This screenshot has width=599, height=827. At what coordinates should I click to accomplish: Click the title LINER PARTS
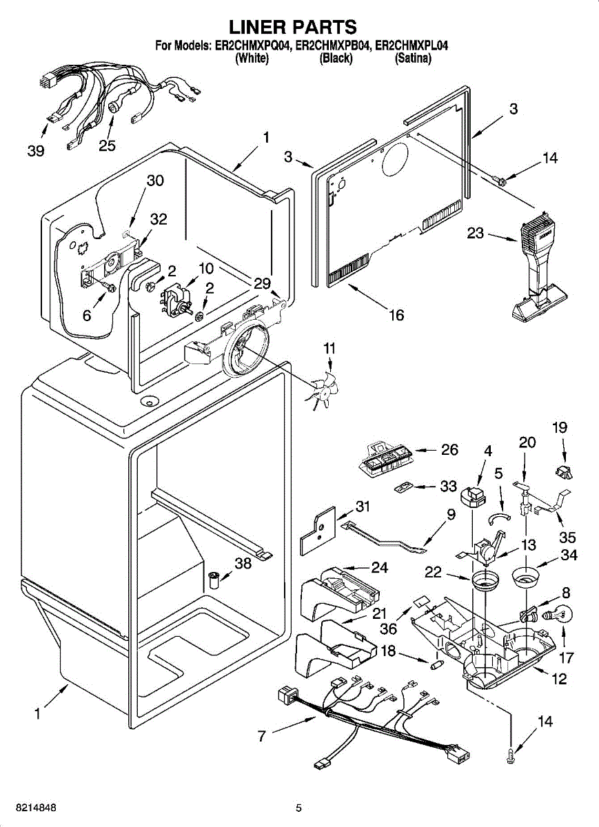292,27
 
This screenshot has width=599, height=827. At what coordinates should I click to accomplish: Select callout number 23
476,234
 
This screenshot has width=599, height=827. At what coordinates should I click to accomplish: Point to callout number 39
36,150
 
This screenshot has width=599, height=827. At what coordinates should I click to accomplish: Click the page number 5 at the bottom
298,808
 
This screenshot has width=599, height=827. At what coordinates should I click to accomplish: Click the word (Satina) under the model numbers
413,59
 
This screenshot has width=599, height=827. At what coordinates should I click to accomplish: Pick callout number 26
449,450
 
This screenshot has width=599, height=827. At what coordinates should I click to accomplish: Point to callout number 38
243,563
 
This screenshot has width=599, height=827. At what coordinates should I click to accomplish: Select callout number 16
396,315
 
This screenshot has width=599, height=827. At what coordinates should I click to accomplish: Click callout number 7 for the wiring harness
262,736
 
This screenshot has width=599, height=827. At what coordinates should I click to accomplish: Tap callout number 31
363,507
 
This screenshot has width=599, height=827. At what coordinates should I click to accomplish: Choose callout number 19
559,427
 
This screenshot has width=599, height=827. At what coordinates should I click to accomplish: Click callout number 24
379,567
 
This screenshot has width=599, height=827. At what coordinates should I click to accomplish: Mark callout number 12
559,680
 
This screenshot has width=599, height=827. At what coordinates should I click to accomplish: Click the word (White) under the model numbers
252,59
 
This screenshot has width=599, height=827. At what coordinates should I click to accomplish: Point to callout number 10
206,268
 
